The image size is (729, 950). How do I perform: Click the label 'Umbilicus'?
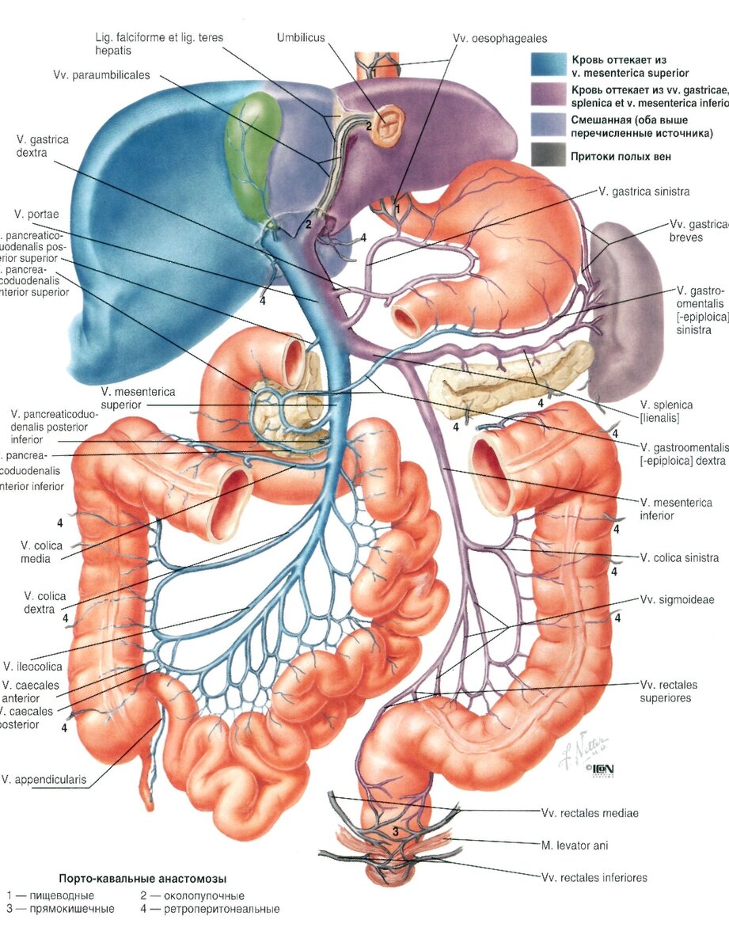click(x=301, y=37)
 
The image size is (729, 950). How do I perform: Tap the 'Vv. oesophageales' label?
click(x=500, y=37)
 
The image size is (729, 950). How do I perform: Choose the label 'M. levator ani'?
click(x=575, y=845)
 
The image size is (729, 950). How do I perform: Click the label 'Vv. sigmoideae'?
click(x=677, y=600)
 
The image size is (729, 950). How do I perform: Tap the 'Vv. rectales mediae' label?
click(x=590, y=812)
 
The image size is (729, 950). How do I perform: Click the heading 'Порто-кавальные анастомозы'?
click(x=142, y=879)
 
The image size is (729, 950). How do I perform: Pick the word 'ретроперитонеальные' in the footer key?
click(x=226, y=909)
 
